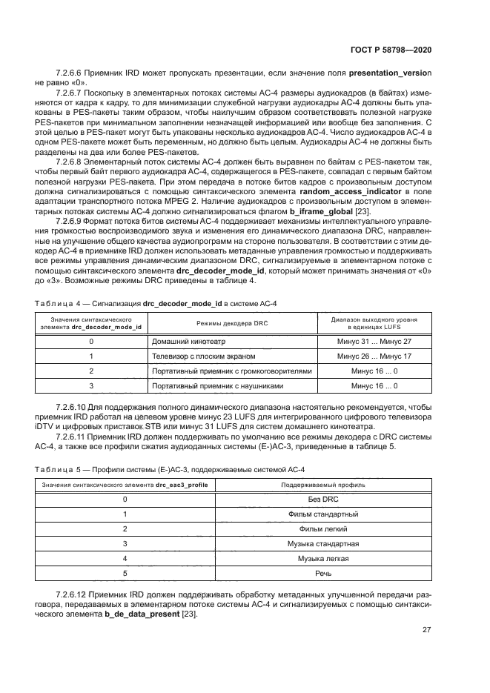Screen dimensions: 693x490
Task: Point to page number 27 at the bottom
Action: (426, 630)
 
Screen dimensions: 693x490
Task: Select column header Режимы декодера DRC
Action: (232, 323)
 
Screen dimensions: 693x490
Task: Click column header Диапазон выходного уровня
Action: (374, 319)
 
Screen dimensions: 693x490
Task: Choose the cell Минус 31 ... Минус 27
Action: (374, 342)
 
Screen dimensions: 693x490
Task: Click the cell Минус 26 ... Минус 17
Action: (374, 357)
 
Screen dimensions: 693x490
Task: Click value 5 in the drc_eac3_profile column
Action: (125, 573)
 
